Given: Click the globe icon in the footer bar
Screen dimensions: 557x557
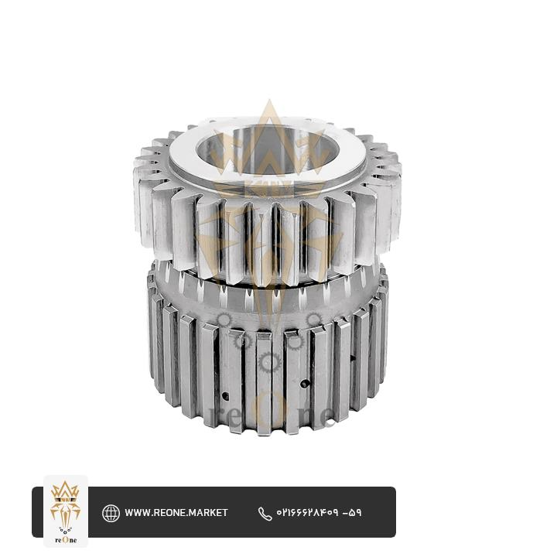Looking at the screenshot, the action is (x=111, y=514).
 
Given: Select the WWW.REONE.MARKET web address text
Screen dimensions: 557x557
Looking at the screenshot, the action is (x=176, y=513).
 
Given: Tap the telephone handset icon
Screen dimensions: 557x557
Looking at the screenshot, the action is (x=265, y=514).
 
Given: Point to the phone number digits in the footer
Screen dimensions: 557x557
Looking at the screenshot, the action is (x=319, y=513).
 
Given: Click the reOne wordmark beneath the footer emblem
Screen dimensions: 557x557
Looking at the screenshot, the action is (x=66, y=540).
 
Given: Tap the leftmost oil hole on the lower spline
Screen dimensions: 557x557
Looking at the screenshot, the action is (x=225, y=395).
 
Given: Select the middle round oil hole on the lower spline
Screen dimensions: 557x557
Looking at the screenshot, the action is (x=304, y=384).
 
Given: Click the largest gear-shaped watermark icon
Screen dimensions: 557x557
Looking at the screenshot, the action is (x=269, y=362).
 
